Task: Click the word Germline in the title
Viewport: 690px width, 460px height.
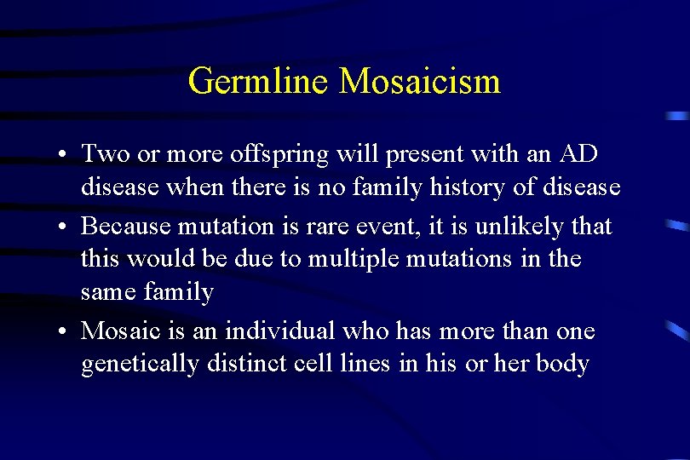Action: [259, 82]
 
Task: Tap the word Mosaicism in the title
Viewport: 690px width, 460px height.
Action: [419, 82]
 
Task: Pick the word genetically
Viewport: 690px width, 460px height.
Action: [141, 365]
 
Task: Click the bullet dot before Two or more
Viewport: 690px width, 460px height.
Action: [65, 156]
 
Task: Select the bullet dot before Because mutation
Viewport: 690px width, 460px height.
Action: [65, 227]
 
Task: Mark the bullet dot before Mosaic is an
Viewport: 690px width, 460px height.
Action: [65, 332]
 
